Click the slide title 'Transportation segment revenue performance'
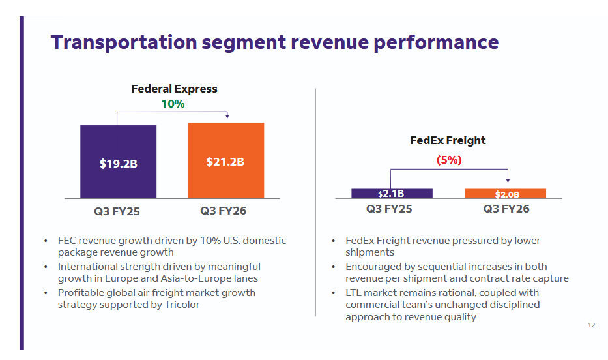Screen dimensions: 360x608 274,42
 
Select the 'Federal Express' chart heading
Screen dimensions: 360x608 174,89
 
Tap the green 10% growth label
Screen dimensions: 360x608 173,104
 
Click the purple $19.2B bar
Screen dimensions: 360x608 118,162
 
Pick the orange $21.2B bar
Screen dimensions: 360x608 225,160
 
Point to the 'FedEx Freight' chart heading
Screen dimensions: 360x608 448,140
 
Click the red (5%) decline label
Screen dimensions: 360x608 448,160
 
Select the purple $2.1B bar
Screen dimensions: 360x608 391,194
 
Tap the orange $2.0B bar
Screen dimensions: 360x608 506,194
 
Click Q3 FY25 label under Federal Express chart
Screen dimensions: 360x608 117,211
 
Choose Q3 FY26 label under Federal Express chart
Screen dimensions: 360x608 224,211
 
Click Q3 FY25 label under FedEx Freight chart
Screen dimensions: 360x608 389,209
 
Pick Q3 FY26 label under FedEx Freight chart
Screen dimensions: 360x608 506,209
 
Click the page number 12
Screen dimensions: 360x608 591,325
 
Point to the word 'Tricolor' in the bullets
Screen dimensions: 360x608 179,305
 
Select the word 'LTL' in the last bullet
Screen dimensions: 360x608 355,293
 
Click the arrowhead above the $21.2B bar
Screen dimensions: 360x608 227,117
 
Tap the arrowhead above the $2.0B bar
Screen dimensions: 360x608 508,180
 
